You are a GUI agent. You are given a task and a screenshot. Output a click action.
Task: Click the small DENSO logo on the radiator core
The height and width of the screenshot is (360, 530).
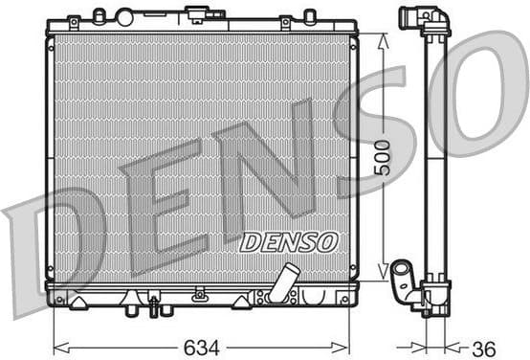coord(287,241)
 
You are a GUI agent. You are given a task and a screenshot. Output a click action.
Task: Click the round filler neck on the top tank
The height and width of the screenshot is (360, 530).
coord(123,16)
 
